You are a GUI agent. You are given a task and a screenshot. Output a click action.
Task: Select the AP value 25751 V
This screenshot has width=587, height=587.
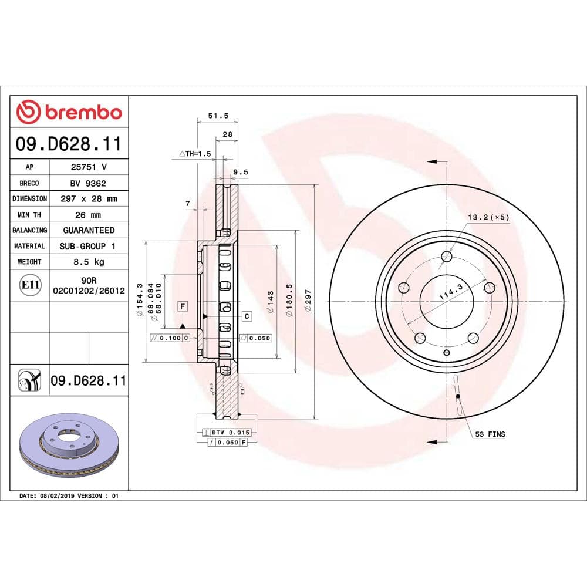tap(88, 167)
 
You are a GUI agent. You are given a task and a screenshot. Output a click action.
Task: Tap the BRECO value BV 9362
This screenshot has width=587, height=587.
tap(88, 183)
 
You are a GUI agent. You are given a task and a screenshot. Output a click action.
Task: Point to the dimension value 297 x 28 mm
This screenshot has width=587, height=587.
tap(88, 199)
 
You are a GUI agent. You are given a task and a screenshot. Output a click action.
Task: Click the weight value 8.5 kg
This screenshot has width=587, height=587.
tap(88, 262)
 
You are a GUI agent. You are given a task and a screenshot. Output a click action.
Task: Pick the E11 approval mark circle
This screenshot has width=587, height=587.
tap(30, 286)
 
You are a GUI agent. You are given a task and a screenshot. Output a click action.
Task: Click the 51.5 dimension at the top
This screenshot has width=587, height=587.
tap(218, 116)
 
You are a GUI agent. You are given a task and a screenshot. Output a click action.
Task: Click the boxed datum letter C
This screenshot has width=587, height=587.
tap(247, 316)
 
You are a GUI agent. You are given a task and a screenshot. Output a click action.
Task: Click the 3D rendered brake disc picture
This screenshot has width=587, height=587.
tap(69, 444)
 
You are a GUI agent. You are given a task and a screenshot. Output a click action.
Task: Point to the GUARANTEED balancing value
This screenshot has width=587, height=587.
tap(88, 230)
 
